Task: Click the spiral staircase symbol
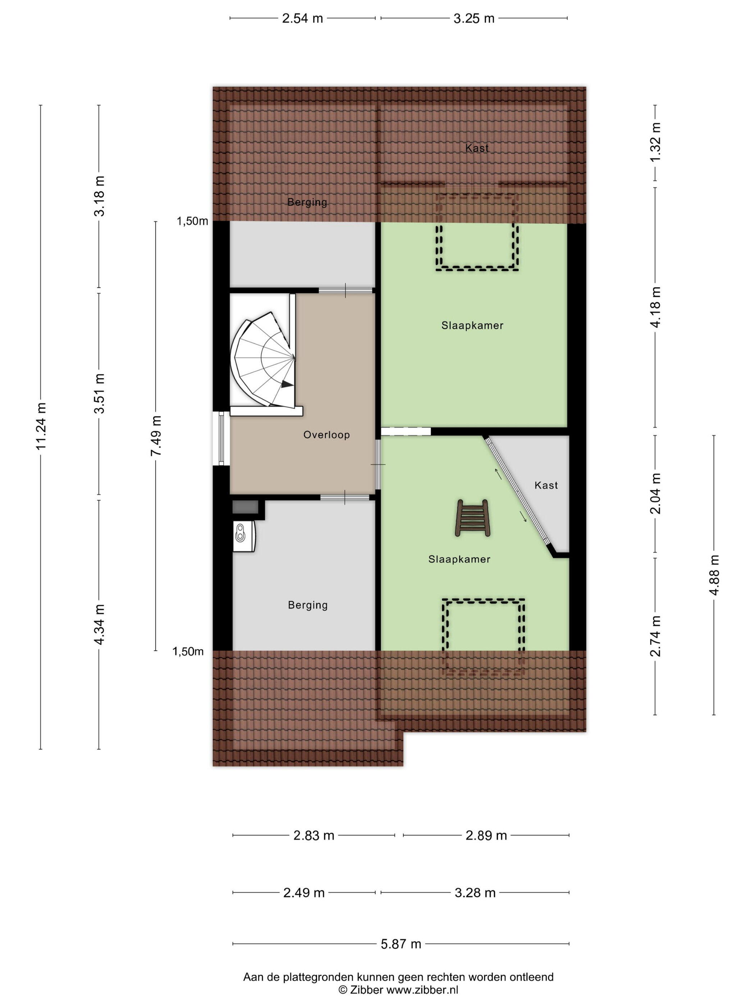point(264,360)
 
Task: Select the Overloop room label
point(326,435)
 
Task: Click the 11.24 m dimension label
point(41,427)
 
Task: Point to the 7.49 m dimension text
point(156,436)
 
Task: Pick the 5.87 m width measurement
point(401,944)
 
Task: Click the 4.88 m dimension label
point(714,575)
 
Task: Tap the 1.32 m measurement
point(655,142)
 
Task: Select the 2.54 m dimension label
point(302,18)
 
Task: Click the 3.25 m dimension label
point(474,18)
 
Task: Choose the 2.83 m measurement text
point(314,835)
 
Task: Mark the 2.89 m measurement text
point(486,835)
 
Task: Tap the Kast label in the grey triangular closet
point(546,485)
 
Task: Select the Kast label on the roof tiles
point(477,148)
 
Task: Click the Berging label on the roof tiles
point(307,202)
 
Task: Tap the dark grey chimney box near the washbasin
point(245,507)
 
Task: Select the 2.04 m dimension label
point(655,493)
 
